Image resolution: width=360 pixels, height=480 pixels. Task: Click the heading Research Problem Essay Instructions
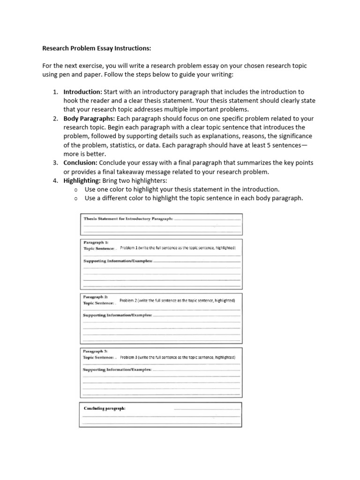coord(97,48)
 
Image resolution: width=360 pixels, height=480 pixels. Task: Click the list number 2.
coord(55,119)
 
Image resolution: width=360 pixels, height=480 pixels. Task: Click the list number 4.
coord(55,180)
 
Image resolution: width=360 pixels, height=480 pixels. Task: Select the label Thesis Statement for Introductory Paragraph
coord(128,218)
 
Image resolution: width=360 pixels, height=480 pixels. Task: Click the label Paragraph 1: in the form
coord(96,242)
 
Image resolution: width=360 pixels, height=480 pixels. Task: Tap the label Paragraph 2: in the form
coord(96,297)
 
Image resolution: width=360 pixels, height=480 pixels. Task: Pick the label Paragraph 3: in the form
coord(96,351)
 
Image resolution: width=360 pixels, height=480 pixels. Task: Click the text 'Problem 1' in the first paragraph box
coord(129,247)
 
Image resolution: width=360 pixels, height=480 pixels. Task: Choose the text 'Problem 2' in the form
coord(128,300)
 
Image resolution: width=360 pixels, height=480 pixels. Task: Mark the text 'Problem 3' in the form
coord(129,357)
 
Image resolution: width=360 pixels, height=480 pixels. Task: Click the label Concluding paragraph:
coord(105,408)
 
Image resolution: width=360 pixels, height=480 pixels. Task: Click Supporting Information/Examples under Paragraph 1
coord(118,261)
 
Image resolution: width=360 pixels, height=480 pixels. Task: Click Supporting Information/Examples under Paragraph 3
coord(117,370)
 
